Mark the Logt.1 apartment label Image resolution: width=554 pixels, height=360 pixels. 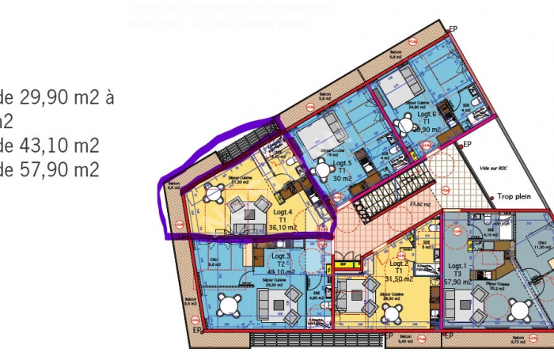[457, 266]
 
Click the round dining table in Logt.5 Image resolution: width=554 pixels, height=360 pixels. [322, 169]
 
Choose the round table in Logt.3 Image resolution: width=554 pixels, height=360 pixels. [230, 305]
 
